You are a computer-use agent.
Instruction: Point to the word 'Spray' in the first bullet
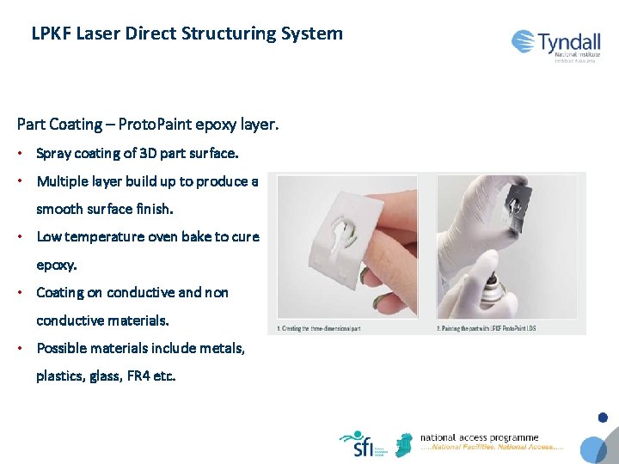(x=53, y=154)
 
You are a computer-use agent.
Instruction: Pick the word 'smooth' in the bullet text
(x=59, y=209)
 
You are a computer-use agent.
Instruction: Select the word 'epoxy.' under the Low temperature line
(x=57, y=265)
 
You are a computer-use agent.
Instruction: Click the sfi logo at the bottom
(x=356, y=444)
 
